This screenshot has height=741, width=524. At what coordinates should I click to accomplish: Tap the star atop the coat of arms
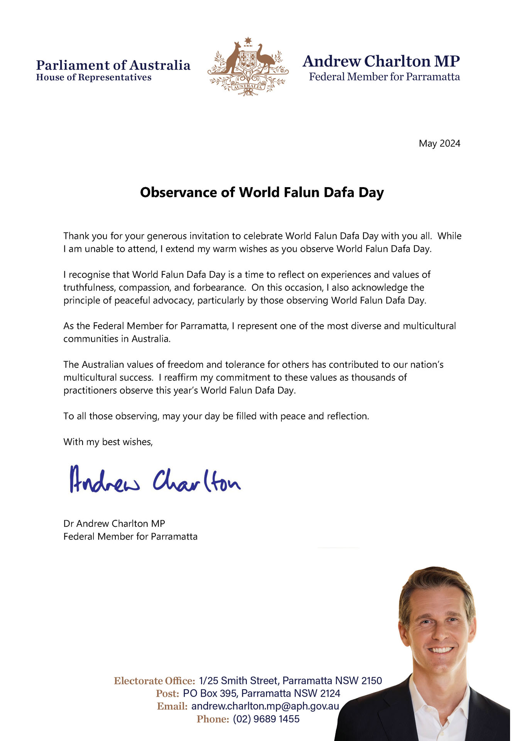coord(248,41)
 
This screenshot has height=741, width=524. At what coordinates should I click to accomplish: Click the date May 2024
coord(439,144)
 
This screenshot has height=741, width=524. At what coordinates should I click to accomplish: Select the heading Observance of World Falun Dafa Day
coord(262,192)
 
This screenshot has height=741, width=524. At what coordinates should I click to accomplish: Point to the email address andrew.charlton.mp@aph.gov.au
coord(265,706)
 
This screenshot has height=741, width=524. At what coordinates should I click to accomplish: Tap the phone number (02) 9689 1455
coord(266,719)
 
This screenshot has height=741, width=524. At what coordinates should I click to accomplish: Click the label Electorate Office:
coord(154,680)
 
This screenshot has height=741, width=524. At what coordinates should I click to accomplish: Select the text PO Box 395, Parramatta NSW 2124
coord(262,693)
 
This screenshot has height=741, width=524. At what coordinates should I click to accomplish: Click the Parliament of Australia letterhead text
coord(113,65)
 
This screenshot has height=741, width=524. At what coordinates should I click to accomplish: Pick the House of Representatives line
coord(94,77)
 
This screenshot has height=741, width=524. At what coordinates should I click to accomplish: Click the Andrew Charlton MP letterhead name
coord(381,61)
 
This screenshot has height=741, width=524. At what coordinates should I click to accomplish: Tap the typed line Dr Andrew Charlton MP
coord(114,523)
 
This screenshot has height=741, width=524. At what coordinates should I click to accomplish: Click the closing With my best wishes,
coord(108,442)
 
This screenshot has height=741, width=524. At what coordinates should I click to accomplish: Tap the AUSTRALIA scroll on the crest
coord(248,86)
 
